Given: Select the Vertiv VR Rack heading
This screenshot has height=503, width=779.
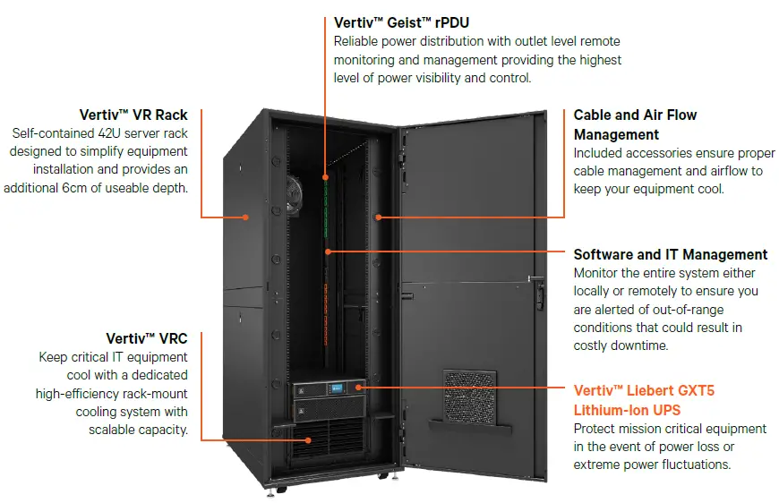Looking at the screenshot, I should pos(133,115).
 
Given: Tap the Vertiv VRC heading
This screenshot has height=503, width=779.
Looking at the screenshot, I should pos(147,338).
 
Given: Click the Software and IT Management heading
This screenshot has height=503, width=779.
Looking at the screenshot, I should pos(670,255).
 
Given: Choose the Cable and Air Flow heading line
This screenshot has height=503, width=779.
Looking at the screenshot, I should pos(635,115).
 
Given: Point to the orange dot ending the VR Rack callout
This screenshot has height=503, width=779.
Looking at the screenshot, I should pos(245,217).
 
